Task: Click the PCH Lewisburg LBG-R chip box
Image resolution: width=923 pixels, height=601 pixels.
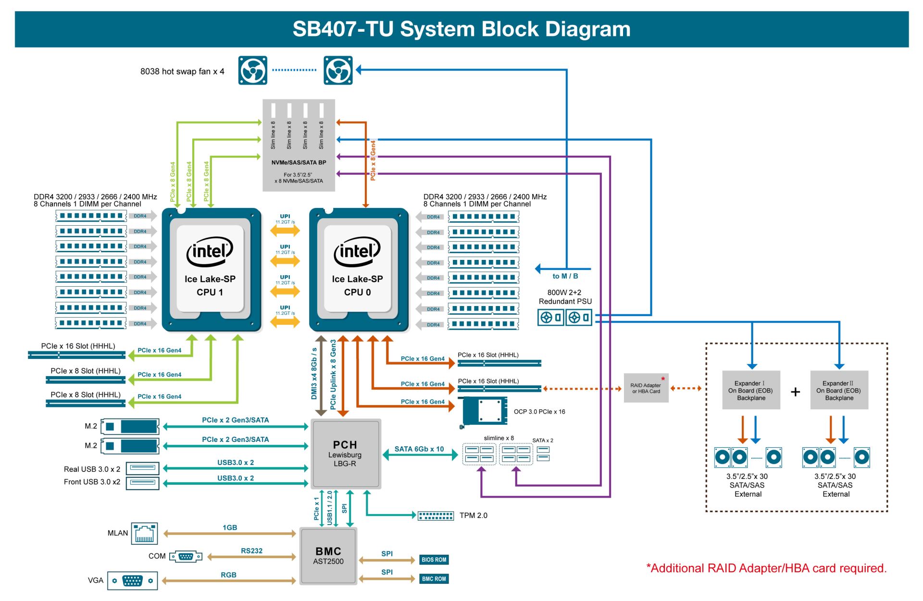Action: tap(346, 454)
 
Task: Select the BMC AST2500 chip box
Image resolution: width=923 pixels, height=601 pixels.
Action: tap(328, 556)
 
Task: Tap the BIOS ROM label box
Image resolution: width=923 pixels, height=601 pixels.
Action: tap(434, 560)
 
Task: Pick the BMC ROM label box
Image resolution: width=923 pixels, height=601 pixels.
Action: tap(434, 579)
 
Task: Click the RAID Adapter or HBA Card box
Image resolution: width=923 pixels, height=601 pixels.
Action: tap(646, 388)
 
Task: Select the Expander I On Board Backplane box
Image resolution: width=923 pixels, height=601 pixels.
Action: tap(751, 390)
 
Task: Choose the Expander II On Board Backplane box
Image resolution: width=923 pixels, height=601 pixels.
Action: tap(839, 390)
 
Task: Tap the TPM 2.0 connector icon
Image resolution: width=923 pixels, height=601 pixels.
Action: tap(436, 516)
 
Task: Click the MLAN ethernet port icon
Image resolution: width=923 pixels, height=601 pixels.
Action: tap(144, 534)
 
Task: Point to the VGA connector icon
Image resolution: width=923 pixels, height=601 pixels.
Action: tap(132, 581)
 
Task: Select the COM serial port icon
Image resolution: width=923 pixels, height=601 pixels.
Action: tap(186, 557)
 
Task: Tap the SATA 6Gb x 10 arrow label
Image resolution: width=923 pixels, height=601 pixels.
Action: tap(419, 449)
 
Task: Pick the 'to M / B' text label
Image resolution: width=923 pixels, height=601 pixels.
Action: tap(565, 276)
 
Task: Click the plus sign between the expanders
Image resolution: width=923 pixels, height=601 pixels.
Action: tap(795, 392)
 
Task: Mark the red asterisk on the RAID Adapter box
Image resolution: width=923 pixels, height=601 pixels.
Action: tap(663, 380)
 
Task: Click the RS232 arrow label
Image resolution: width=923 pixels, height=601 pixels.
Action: tap(252, 551)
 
